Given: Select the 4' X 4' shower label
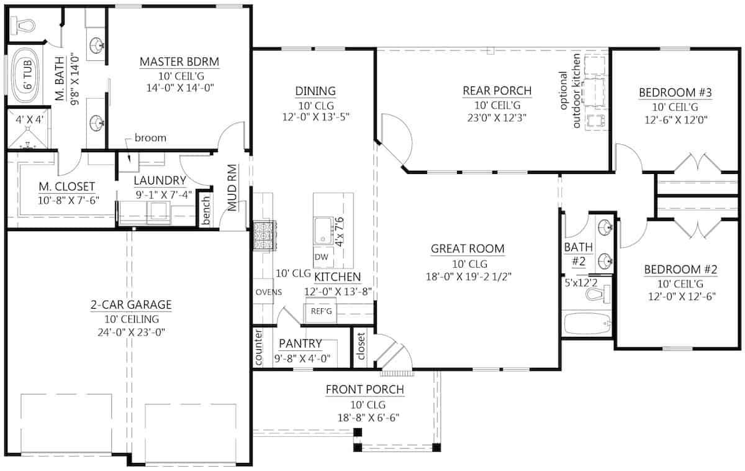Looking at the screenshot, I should tap(25, 119).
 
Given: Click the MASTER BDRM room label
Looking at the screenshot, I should tap(179, 62).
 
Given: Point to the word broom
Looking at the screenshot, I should tap(150, 138).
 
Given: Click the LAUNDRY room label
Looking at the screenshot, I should tap(160, 181).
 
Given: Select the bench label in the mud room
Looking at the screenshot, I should tap(205, 213).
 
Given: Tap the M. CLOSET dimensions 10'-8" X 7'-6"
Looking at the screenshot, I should tap(60, 199).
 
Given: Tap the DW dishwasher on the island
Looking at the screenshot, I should tap(321, 257).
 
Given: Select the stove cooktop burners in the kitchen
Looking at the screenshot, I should tap(263, 236).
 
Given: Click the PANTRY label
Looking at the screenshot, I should tap(300, 344).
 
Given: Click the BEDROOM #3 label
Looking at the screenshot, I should tap(675, 93).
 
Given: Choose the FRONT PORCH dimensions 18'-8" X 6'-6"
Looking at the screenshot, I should tap(365, 418).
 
